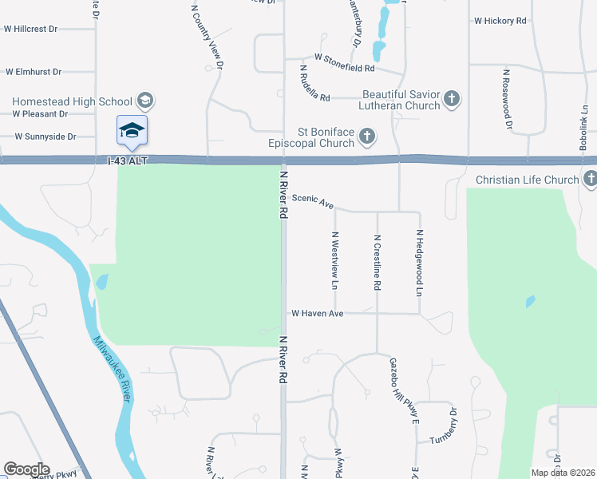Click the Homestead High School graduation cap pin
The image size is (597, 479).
132,130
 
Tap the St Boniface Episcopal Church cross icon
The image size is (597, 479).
367,136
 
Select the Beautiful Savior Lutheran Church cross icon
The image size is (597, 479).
452,99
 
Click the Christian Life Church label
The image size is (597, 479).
527,180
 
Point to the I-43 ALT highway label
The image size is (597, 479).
128,160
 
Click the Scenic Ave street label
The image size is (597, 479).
312,201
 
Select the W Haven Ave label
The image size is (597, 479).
317,314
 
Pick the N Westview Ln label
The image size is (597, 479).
335,260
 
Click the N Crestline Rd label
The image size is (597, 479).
378,262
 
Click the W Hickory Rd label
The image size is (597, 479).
500,21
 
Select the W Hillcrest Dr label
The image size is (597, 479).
31,29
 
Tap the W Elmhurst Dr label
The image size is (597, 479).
34,72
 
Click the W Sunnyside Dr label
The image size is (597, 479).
45,137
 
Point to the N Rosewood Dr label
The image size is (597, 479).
506,99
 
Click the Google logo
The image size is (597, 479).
26,469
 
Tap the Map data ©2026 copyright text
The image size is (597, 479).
563,473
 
